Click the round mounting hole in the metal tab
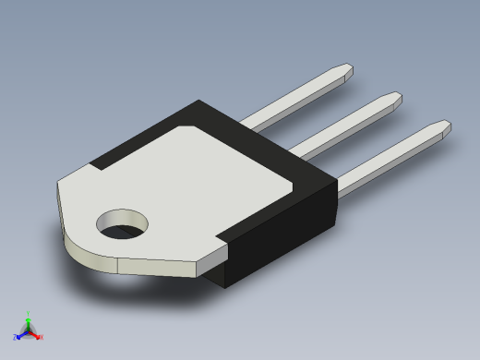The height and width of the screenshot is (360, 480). tap(123, 223)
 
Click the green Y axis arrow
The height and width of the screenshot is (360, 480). tap(28, 317)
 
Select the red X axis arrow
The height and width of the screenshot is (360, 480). tap(37, 335)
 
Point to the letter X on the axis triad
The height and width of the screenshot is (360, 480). tap(42, 338)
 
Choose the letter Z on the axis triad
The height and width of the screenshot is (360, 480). tap(15, 338)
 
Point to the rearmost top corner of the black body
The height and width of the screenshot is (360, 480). tap(198, 101)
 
